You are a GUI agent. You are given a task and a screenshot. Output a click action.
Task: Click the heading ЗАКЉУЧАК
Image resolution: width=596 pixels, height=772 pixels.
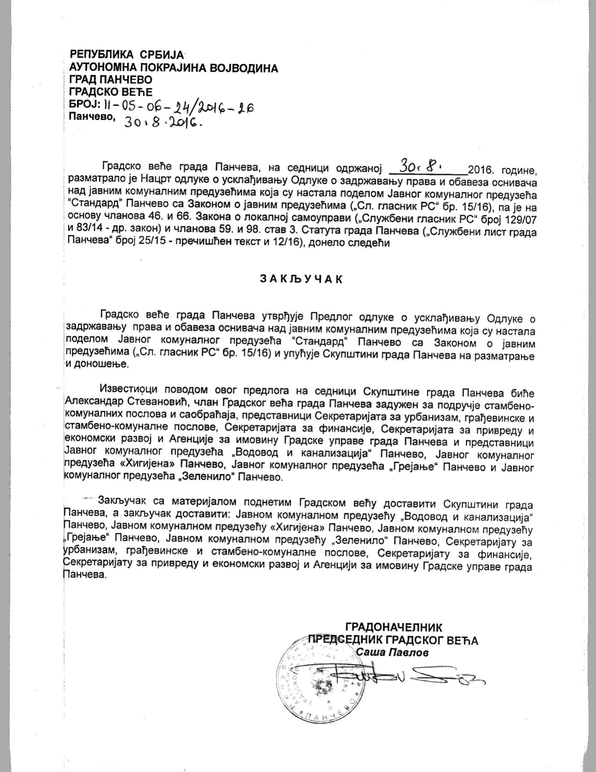(301, 279)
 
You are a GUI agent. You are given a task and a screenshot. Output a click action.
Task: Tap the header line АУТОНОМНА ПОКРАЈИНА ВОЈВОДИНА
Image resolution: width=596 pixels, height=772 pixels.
(173, 68)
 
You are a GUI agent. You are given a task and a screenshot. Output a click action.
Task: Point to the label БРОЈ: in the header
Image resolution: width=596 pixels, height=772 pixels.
(82, 105)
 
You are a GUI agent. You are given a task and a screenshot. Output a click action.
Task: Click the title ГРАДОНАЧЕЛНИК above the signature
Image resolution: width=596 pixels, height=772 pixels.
(393, 627)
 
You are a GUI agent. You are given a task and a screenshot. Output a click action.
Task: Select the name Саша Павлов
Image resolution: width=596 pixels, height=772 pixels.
(392, 652)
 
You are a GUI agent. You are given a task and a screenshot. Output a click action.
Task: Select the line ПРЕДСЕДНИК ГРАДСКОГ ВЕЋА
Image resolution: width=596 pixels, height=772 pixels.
(393, 640)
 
